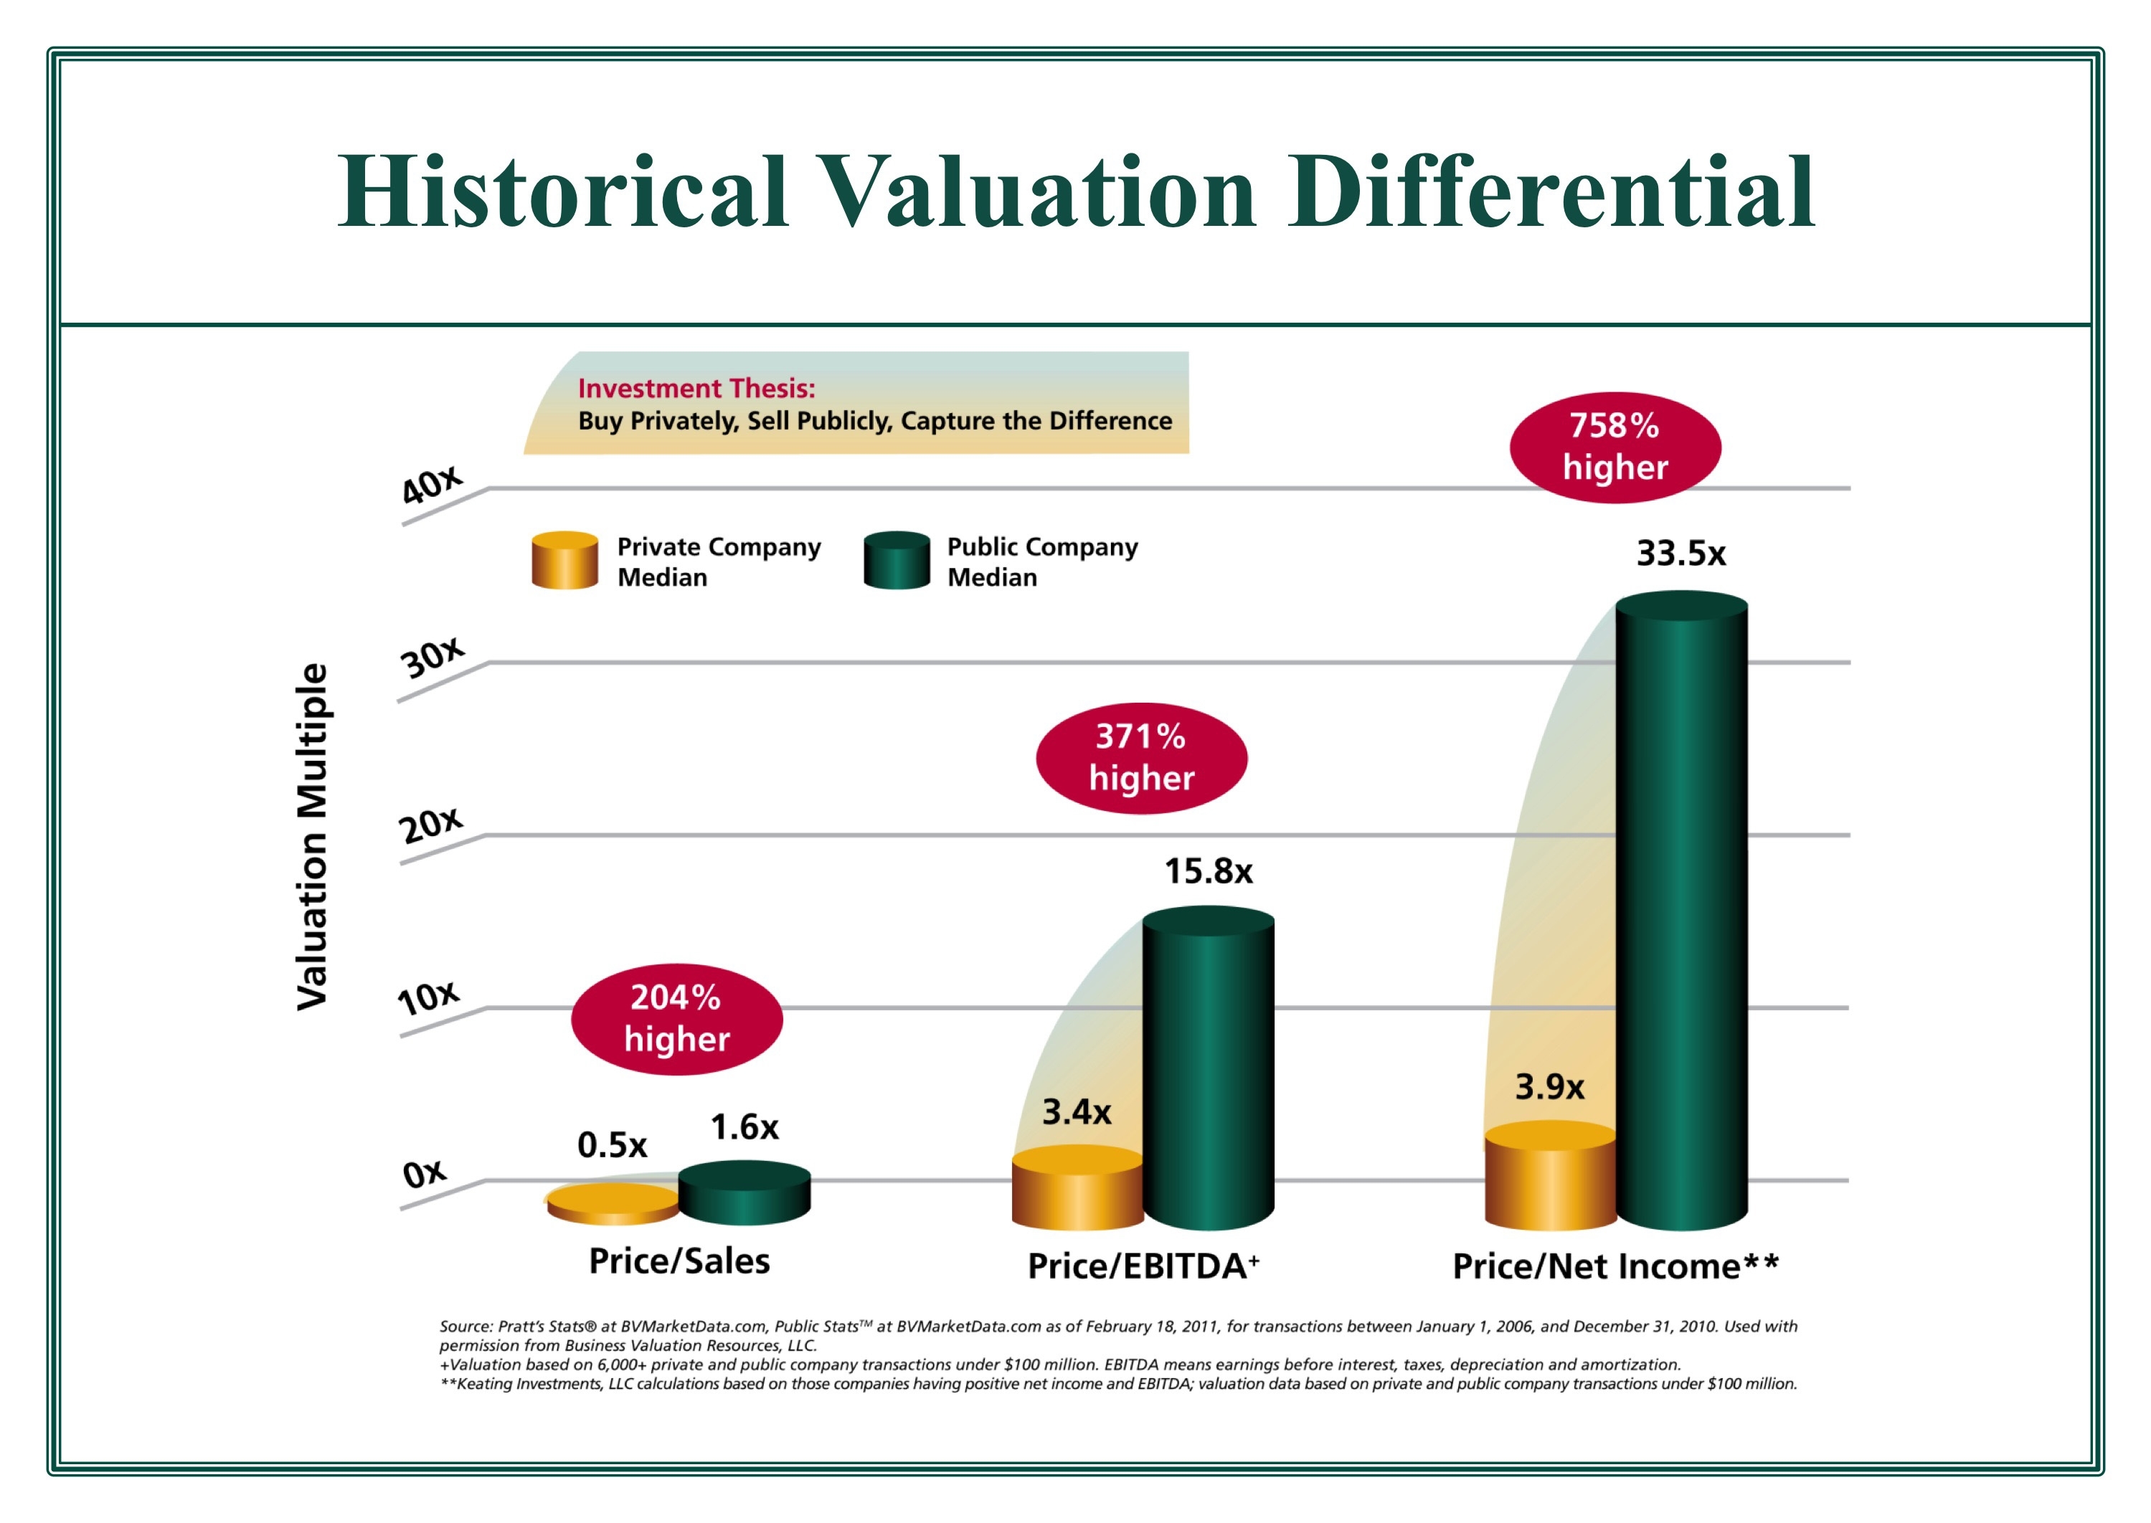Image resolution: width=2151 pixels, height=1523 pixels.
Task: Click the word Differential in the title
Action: pos(1551,192)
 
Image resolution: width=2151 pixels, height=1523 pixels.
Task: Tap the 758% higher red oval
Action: pos(1615,447)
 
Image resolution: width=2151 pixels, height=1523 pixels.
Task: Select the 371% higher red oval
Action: pos(1140,758)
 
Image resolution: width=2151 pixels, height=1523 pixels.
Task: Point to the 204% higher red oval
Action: pos(676,1018)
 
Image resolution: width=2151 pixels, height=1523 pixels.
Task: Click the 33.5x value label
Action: pos(1680,554)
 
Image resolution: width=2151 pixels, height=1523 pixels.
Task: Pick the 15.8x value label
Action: pos(1209,871)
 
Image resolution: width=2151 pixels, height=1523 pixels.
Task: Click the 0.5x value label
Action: pos(612,1145)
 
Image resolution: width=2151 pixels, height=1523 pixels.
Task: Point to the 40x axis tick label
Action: pos(432,485)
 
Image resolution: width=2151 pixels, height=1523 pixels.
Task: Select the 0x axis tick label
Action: pos(424,1173)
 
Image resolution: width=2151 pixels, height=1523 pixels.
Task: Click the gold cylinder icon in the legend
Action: pos(564,560)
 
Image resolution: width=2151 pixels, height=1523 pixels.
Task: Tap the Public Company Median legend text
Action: pos(1041,561)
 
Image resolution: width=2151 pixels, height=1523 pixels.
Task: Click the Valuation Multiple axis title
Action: pos(313,837)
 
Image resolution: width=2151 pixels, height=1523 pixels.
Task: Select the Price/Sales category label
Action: pos(679,1261)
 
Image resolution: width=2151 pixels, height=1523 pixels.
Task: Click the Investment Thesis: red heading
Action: pos(696,388)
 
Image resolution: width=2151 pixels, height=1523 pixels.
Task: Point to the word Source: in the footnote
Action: pos(465,1326)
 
